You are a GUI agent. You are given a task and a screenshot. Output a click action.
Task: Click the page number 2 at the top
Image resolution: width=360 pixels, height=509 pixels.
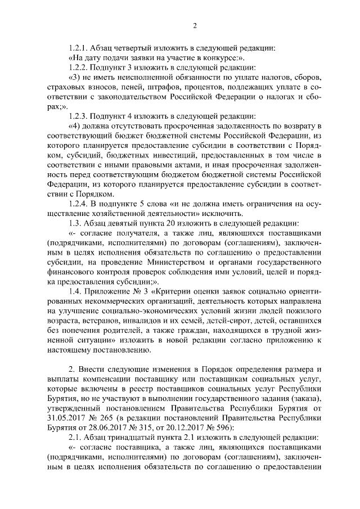195,25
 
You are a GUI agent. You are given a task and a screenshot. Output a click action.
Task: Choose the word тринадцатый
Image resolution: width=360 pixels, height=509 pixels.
128,438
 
